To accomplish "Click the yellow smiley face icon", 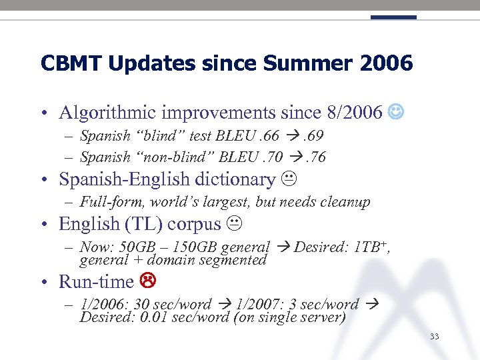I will [395, 112].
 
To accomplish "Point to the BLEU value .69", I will [311, 137].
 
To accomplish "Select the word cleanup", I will [346, 202].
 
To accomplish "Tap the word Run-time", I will [97, 282].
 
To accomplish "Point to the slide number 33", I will [435, 337].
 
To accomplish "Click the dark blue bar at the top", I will [393, 17].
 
